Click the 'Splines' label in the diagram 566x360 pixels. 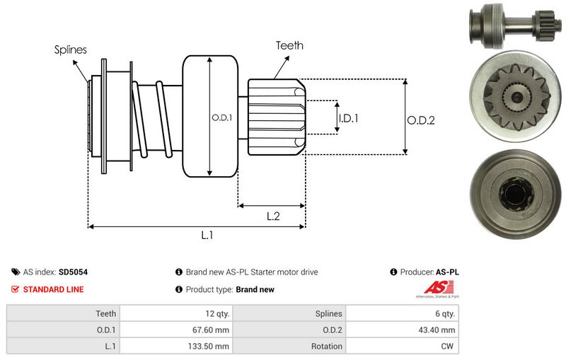click(x=70, y=50)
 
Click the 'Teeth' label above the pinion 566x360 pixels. click(x=289, y=45)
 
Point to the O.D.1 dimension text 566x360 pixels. click(x=221, y=117)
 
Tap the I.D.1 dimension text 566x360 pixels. click(x=348, y=118)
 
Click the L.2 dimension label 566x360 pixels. click(x=274, y=216)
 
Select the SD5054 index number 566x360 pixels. click(x=74, y=272)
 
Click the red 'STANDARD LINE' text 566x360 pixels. click(x=53, y=289)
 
